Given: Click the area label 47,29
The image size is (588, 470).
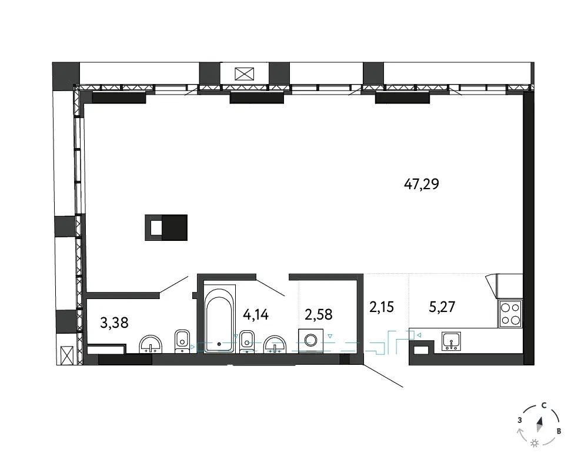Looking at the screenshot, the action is (x=422, y=184).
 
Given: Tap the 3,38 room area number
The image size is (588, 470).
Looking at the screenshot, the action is (x=115, y=323).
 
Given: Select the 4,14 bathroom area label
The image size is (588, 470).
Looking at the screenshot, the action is (x=256, y=314).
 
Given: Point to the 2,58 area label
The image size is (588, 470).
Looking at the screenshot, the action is (x=318, y=314).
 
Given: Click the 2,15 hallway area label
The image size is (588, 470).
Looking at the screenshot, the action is (x=382, y=307).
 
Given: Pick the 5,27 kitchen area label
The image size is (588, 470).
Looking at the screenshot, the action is (x=442, y=307).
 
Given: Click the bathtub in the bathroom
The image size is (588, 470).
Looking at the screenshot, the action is (x=220, y=318).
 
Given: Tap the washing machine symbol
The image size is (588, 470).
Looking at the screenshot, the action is (x=310, y=341).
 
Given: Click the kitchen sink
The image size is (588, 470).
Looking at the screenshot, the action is (x=452, y=341).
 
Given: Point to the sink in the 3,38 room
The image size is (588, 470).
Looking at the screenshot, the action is (x=151, y=344).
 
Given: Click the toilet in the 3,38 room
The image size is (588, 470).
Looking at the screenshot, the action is (x=182, y=341).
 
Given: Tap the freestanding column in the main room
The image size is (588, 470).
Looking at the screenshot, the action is (x=166, y=227).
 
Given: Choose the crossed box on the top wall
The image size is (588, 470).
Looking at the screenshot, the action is (x=245, y=74).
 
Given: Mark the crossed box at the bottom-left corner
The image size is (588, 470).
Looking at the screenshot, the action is (x=68, y=355).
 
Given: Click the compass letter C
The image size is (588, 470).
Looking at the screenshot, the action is (x=544, y=405).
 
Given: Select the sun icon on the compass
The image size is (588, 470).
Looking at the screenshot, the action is (x=534, y=444).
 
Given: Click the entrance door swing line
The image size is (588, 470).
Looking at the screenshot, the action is (x=383, y=375).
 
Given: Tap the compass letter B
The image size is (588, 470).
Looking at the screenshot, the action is (x=559, y=431).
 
